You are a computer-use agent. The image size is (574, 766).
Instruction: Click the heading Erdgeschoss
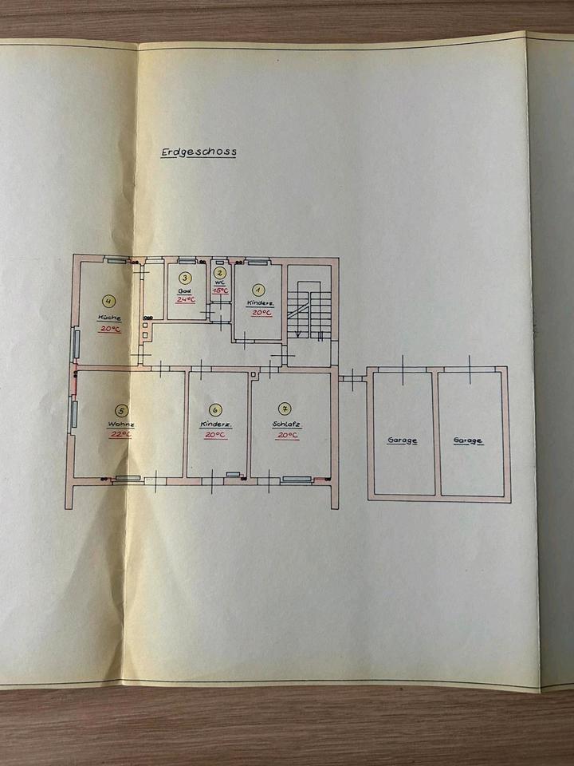(x=198, y=152)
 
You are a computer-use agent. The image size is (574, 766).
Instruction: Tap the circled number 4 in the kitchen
(x=109, y=301)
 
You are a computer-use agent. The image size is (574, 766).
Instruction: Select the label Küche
(x=109, y=318)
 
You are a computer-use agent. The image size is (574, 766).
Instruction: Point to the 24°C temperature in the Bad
(x=186, y=299)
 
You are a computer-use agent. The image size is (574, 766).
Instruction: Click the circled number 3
(x=185, y=278)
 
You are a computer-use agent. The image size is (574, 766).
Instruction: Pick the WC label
(x=221, y=282)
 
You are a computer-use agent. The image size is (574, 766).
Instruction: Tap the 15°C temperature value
(x=221, y=291)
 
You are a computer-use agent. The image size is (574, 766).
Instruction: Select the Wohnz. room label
(x=121, y=424)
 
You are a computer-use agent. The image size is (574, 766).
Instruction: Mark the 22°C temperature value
(x=121, y=435)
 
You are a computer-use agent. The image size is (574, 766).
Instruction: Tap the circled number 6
(x=215, y=411)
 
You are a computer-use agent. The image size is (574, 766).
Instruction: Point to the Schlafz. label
(x=285, y=424)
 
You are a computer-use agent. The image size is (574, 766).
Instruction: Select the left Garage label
(x=403, y=440)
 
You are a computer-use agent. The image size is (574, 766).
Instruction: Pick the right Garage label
(x=468, y=440)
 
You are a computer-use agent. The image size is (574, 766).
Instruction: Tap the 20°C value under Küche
(x=110, y=328)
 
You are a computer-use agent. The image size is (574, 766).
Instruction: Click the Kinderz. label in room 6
(x=215, y=424)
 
